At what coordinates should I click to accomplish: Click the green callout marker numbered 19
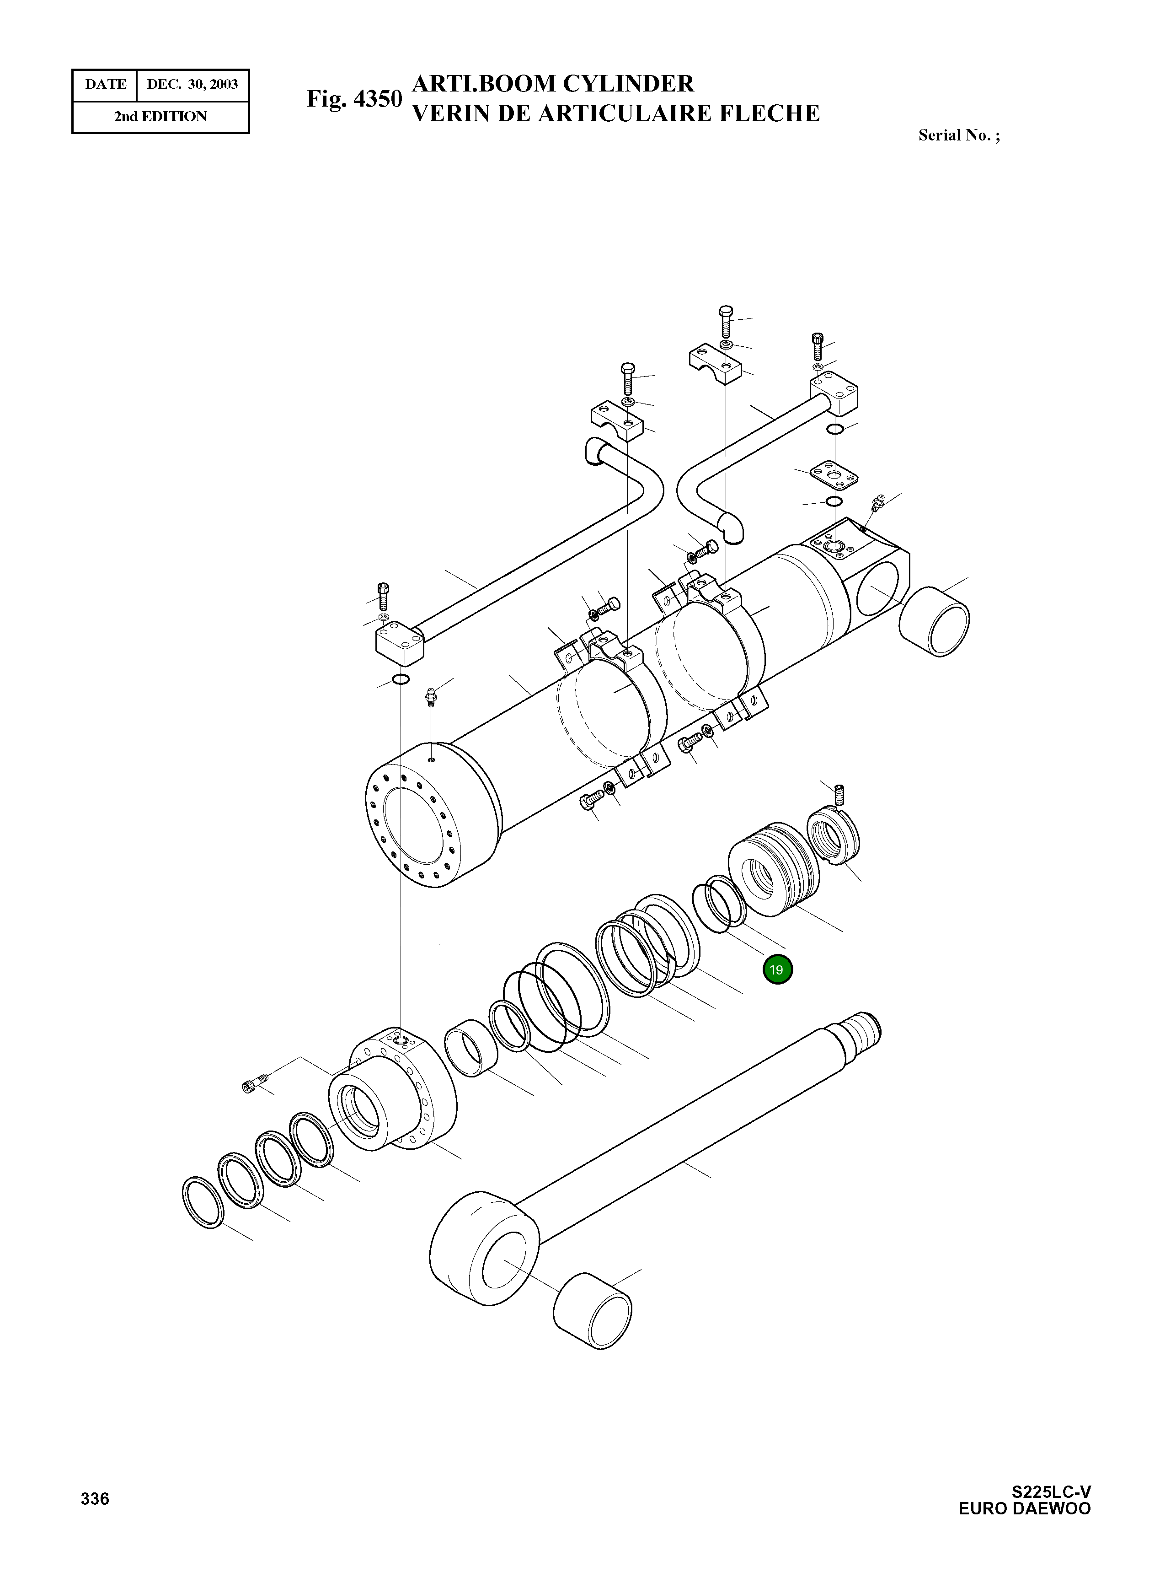tap(776, 969)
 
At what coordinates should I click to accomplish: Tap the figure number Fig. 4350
tap(354, 99)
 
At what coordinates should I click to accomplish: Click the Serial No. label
tap(958, 135)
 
